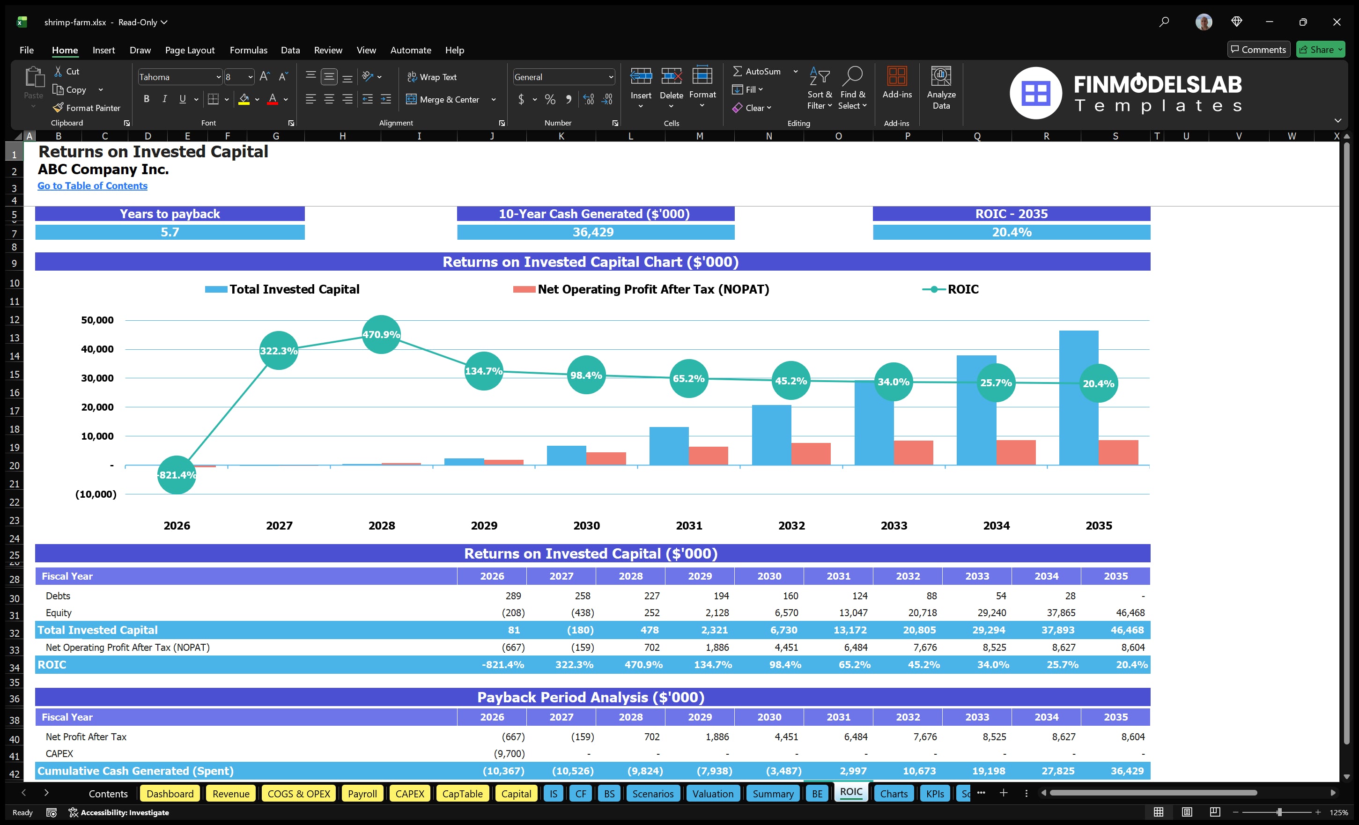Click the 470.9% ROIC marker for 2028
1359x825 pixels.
tap(381, 334)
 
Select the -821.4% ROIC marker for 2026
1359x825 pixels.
tap(177, 475)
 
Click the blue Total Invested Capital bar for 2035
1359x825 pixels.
tap(1078, 397)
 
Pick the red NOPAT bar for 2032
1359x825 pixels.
tap(811, 453)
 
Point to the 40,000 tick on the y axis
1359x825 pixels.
tap(97, 349)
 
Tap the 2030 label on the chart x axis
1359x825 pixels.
tap(586, 525)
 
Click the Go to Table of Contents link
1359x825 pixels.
tap(92, 186)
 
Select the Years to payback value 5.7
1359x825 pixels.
tap(170, 232)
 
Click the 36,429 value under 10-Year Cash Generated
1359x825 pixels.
tap(593, 232)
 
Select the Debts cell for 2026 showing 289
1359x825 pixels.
tap(513, 596)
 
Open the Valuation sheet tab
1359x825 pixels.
tap(713, 794)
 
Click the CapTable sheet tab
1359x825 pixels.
tap(462, 794)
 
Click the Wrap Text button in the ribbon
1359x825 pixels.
tap(432, 77)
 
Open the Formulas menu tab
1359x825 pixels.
tap(248, 50)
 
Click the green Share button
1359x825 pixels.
tap(1320, 50)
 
